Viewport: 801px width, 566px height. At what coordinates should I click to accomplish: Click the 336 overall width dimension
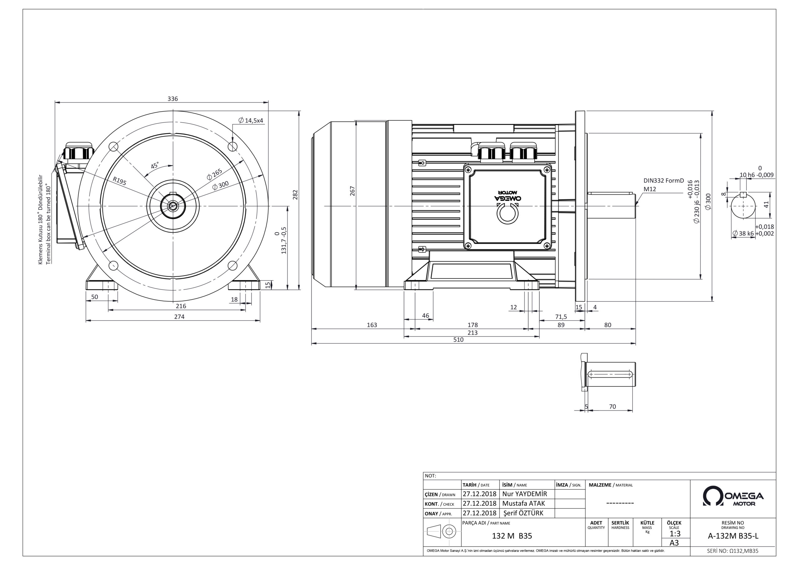[173, 99]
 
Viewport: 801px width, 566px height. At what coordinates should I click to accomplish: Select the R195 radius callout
[120, 181]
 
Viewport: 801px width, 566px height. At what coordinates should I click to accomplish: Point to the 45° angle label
[155, 165]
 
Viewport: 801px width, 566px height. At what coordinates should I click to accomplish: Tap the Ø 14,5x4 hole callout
[251, 121]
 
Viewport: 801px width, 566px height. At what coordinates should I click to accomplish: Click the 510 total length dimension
[458, 340]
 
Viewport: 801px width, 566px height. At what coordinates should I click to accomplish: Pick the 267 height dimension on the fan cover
[352, 191]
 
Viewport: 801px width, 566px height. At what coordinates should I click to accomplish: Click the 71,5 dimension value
[561, 317]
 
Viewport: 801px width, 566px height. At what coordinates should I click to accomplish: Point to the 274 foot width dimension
[179, 317]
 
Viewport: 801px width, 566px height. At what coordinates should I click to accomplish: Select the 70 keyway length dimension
[613, 407]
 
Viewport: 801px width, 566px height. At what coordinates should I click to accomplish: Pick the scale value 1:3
[675, 534]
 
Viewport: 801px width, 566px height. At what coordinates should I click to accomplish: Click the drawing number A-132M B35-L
[733, 536]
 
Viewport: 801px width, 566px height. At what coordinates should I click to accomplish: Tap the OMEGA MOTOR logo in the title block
[733, 497]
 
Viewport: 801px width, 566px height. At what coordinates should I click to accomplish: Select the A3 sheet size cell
[674, 543]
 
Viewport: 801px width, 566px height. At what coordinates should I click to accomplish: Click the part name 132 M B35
[512, 536]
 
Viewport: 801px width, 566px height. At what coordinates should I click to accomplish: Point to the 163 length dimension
[372, 325]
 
